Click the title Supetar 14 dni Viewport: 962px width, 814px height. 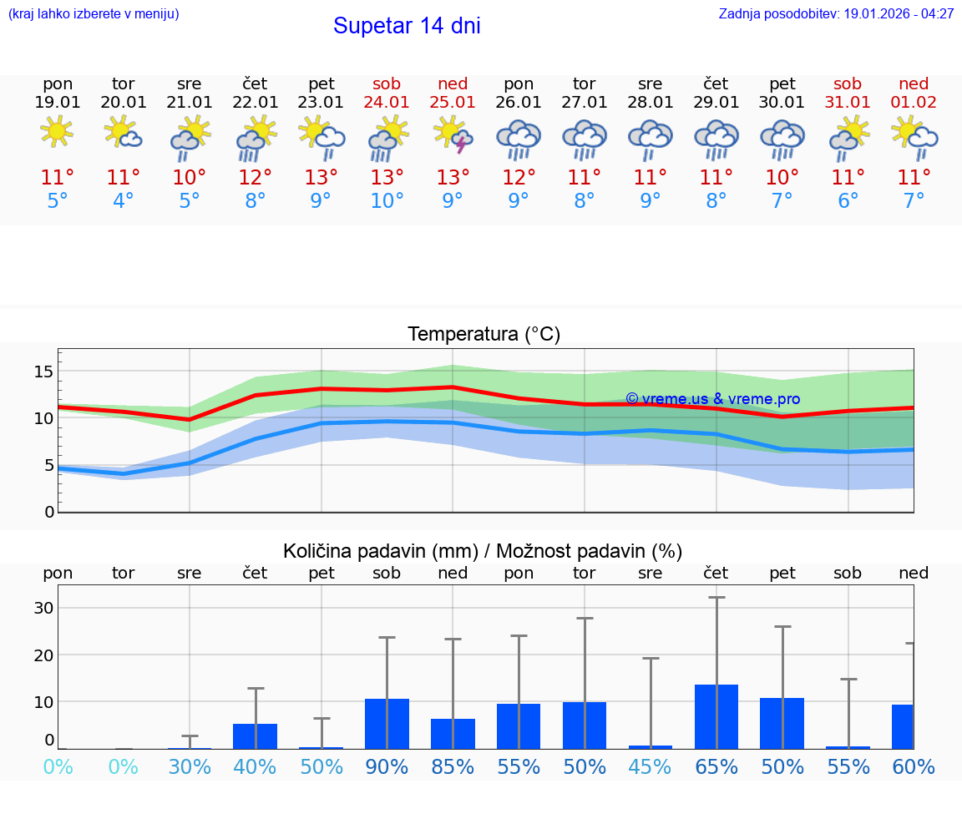[x=407, y=26]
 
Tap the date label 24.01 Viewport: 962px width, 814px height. [x=387, y=103]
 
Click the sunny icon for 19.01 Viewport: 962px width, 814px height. [x=57, y=132]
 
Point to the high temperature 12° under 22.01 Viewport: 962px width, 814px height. [x=256, y=177]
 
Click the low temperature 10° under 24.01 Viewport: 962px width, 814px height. [x=387, y=200]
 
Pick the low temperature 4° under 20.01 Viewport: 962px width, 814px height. [x=124, y=200]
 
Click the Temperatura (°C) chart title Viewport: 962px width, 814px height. [x=484, y=335]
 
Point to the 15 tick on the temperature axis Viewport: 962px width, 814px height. [x=43, y=371]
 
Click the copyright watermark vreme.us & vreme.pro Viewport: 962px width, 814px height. [x=712, y=399]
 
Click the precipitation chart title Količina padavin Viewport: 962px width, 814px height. [x=483, y=551]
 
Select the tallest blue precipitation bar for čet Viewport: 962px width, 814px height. [x=716, y=716]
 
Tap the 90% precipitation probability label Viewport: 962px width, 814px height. [x=387, y=766]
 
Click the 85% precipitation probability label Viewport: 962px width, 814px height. [x=453, y=766]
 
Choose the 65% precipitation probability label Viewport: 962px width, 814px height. [x=716, y=766]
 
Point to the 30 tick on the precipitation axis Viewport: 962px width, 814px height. [x=43, y=608]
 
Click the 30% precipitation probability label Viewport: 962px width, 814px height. [x=190, y=766]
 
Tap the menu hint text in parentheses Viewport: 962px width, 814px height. [x=94, y=14]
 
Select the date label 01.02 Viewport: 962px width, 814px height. [x=914, y=103]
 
